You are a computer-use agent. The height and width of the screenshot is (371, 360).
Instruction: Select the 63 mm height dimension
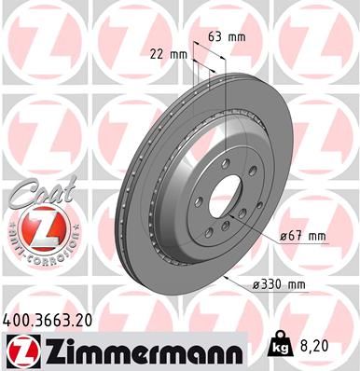click(227, 38)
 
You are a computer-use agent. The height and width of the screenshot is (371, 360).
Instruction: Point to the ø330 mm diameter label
click(298, 283)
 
